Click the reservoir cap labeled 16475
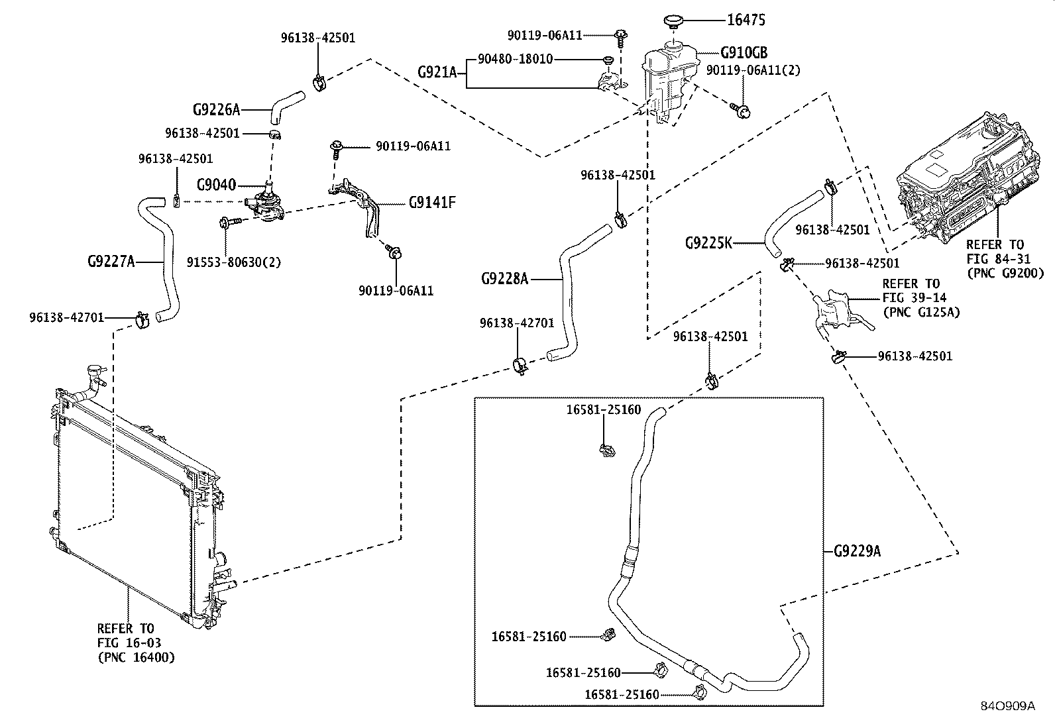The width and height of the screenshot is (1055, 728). click(x=672, y=22)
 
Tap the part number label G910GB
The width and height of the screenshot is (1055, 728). click(x=744, y=52)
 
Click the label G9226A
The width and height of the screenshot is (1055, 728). click(x=216, y=110)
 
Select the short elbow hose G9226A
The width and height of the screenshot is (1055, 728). click(x=287, y=107)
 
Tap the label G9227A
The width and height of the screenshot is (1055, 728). click(x=111, y=262)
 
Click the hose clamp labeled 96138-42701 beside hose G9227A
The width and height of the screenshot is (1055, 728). click(x=142, y=320)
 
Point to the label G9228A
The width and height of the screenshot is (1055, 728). click(x=504, y=280)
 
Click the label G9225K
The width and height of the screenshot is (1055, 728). click(x=708, y=243)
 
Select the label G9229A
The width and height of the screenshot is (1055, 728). click(x=858, y=551)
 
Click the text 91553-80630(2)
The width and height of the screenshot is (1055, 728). click(x=234, y=262)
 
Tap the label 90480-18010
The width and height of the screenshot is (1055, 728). click(x=516, y=60)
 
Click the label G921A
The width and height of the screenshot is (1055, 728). click(x=437, y=72)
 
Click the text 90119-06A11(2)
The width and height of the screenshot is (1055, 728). click(x=753, y=70)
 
